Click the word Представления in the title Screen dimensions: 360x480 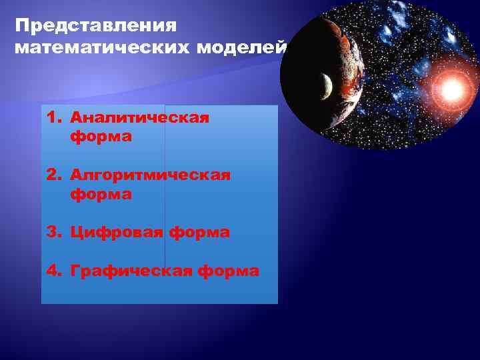tap(95, 27)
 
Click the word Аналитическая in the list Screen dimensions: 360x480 tap(140, 118)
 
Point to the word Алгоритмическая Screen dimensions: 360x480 tap(151, 175)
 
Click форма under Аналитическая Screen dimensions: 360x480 tap(100, 137)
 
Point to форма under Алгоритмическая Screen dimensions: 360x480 tap(100, 195)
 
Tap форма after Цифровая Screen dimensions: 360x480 tap(199, 233)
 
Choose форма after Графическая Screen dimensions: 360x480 tap(229, 271)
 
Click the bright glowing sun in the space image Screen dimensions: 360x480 tap(451, 87)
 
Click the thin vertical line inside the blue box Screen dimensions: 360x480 tap(165, 200)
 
